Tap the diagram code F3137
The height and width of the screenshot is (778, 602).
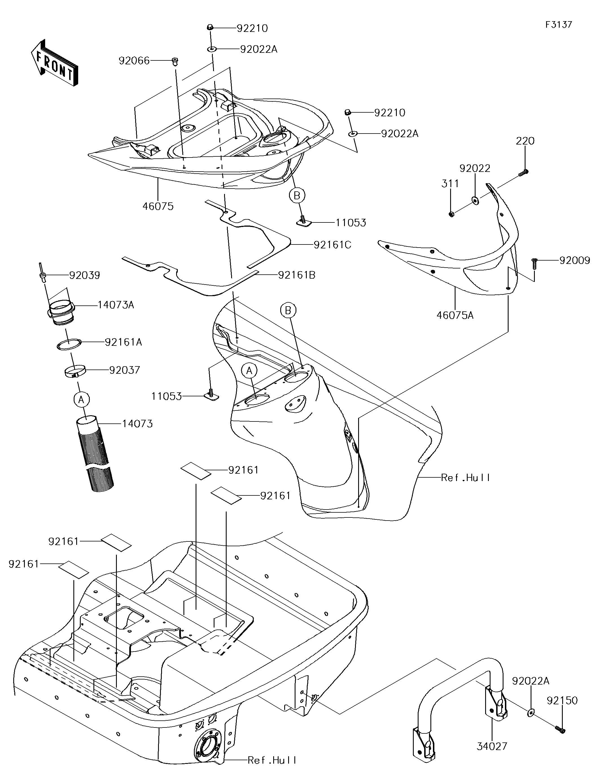point(559,25)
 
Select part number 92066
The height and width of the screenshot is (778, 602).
point(134,61)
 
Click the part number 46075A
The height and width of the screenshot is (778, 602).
point(455,315)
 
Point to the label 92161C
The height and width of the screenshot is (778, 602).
point(332,245)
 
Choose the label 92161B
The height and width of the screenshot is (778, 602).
point(296,275)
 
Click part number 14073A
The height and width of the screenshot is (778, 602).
point(116,305)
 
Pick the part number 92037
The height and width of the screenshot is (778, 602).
point(124,370)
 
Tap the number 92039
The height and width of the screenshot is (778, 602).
point(84,275)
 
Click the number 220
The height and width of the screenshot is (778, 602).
point(525,141)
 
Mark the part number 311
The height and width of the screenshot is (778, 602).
point(450,184)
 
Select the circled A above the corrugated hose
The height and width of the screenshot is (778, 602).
point(81,400)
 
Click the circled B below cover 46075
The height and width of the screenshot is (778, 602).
point(297,195)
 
